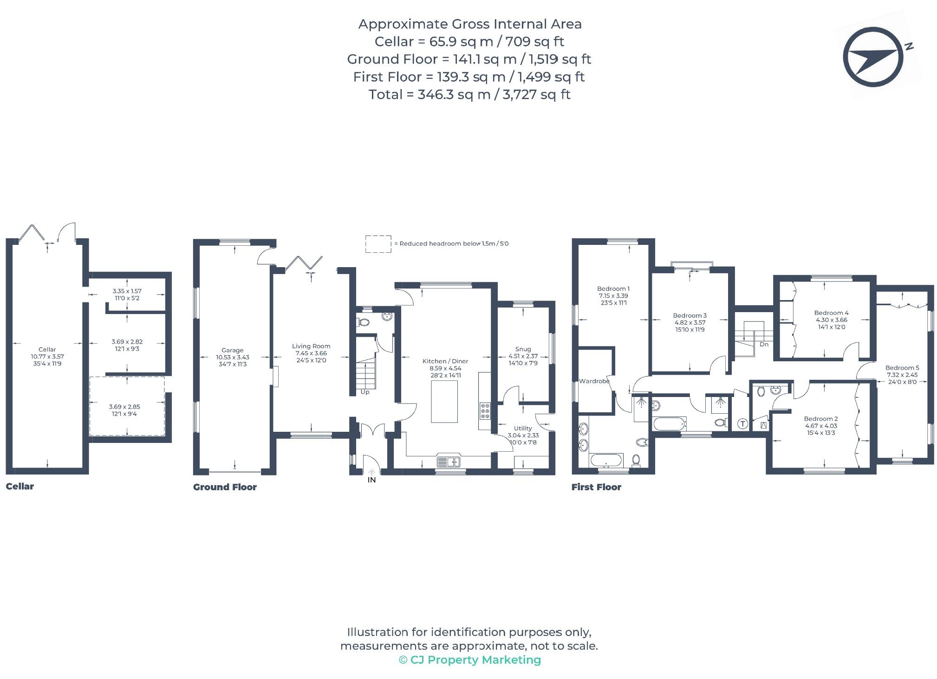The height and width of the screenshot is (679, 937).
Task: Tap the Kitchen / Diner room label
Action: [x=445, y=361]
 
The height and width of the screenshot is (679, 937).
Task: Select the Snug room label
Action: [x=523, y=349]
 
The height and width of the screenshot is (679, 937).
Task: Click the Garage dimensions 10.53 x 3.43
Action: [x=232, y=358]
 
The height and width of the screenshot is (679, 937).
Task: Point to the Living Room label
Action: [x=311, y=346]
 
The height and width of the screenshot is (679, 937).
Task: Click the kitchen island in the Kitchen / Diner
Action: [x=444, y=401]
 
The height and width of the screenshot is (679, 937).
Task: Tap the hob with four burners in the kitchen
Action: [x=485, y=411]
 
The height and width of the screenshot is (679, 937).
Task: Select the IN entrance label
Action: [x=371, y=480]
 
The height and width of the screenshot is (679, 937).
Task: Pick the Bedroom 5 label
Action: [x=902, y=368]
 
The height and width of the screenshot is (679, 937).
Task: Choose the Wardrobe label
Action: [x=594, y=381]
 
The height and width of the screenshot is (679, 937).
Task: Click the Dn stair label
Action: [x=764, y=345]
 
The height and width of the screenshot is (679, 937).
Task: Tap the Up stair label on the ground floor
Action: [x=365, y=392]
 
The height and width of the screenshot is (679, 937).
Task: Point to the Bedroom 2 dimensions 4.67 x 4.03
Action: [x=820, y=426]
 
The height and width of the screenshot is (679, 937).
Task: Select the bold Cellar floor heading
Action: [x=20, y=487]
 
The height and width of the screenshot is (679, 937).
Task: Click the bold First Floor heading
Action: [x=596, y=487]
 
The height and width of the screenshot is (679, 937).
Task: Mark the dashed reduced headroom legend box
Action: [x=378, y=244]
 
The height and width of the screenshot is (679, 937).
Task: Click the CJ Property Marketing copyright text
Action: [x=469, y=660]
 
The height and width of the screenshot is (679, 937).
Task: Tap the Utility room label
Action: [x=523, y=429]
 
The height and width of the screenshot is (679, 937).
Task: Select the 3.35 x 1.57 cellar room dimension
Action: [x=127, y=291]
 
